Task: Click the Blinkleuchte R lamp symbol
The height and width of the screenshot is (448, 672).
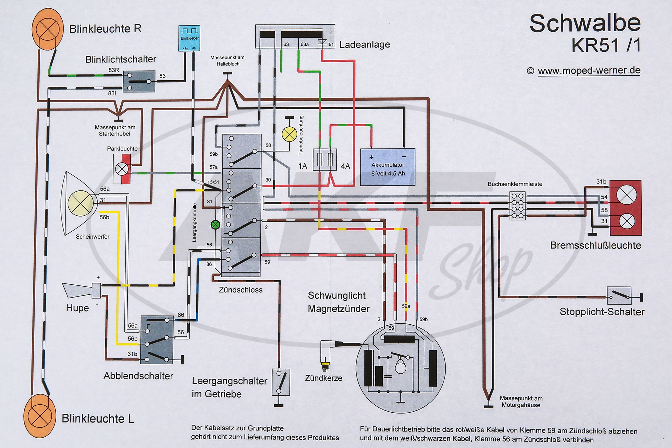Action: click(47, 28)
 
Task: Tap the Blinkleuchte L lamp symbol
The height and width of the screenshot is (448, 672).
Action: click(40, 416)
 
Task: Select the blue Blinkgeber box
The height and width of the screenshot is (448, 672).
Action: click(189, 38)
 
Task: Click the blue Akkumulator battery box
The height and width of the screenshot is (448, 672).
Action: click(388, 167)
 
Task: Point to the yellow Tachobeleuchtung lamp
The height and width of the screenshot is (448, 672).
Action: click(289, 134)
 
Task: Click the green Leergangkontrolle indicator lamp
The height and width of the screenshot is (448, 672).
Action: click(215, 225)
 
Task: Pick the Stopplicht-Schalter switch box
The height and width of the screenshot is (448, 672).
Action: click(619, 296)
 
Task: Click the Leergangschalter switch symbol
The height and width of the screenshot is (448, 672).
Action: click(281, 382)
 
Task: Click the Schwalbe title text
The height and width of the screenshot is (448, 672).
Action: click(585, 24)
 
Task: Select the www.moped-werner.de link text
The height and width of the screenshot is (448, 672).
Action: click(589, 71)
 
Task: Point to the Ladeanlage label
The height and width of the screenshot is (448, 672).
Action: click(365, 45)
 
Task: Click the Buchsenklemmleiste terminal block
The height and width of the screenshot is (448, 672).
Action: click(517, 206)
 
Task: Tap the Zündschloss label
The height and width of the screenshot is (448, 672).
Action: click(241, 290)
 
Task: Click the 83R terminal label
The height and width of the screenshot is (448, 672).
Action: click(114, 70)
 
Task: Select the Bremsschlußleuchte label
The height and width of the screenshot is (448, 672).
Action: click(595, 245)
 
